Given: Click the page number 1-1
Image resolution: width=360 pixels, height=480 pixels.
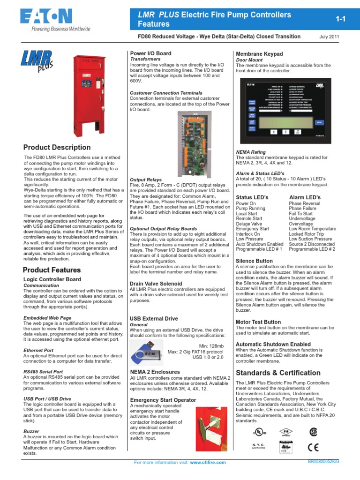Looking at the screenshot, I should point(340,19).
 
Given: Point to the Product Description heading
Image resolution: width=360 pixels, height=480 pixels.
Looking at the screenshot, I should point(57,147).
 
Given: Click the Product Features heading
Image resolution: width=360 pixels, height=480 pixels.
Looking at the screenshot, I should point(52,270).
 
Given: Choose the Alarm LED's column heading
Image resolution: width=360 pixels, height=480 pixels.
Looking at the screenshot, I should point(305,197).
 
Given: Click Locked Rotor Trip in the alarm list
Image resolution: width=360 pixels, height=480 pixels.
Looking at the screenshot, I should point(306,233).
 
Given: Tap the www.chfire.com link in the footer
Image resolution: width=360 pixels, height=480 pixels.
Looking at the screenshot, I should point(208,462).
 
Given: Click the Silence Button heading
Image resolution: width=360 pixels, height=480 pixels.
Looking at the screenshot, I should point(254,261).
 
